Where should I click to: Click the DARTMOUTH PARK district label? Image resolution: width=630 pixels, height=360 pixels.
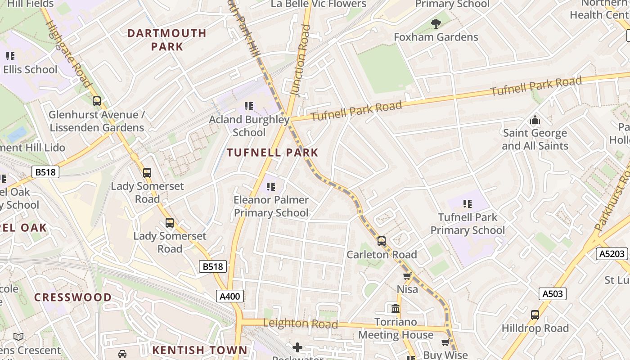166,40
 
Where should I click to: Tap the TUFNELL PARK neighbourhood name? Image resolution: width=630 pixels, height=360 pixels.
273,153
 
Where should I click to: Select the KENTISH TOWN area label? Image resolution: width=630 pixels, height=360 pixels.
199,350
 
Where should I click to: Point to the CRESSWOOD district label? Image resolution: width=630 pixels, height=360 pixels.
73,297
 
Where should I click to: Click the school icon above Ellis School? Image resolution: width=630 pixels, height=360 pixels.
10,56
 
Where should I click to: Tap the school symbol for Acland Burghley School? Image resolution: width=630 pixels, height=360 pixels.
249,106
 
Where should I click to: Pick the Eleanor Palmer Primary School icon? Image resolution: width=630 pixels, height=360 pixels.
271,186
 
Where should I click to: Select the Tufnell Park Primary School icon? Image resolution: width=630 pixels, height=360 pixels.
468,204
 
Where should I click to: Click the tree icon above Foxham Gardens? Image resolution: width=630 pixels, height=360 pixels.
436,23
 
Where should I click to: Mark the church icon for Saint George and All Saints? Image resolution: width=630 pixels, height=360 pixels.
535,120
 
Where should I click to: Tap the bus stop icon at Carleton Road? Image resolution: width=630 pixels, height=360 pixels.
382,241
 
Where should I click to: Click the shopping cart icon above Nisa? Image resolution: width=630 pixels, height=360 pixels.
407,276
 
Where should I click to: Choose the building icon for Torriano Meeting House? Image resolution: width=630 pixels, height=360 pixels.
396,309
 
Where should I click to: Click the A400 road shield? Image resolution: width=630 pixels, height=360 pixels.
230,296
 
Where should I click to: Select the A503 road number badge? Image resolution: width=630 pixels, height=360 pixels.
552,294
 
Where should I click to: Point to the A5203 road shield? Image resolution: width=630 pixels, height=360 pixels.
612,254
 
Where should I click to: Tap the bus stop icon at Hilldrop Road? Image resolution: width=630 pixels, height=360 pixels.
535,315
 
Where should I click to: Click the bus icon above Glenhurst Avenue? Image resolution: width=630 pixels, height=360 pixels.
96,101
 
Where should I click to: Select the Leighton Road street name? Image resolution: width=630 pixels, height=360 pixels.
300,324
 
